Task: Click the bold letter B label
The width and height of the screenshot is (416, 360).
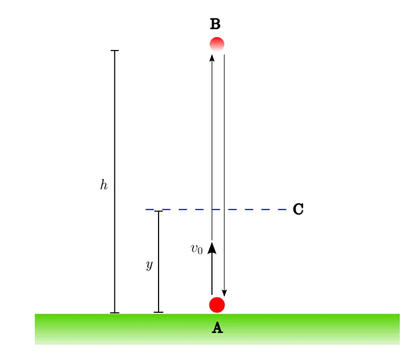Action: pos(215,24)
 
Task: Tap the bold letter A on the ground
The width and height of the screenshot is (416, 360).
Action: pos(217,327)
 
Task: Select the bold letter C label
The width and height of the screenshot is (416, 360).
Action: pos(298,209)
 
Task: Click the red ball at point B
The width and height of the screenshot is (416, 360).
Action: pos(217,44)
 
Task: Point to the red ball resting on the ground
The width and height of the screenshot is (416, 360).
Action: pos(217,305)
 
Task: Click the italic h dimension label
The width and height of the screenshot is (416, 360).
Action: pos(104,185)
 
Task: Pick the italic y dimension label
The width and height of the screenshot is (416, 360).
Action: pos(149,265)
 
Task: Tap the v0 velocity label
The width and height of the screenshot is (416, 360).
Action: pos(196,249)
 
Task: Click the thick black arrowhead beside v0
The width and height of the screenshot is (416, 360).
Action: pos(211,248)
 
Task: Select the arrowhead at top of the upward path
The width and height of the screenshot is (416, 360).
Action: pos(211,58)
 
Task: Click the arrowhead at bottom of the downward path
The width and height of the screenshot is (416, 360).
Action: pos(224,293)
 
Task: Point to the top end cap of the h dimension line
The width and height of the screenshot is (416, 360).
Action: pos(114,51)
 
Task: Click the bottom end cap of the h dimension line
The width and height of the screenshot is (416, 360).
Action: pos(114,313)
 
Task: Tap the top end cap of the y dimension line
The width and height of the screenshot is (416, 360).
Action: pos(159,211)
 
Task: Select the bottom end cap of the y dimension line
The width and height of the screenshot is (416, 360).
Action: pos(159,312)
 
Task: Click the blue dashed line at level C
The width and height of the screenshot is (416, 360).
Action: pos(216,210)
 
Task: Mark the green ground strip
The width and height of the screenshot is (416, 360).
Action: pos(217,329)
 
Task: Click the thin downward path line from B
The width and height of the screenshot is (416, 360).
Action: pos(224,175)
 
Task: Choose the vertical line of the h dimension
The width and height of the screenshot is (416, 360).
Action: pos(114,182)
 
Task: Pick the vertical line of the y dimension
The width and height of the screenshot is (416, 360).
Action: pos(159,262)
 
